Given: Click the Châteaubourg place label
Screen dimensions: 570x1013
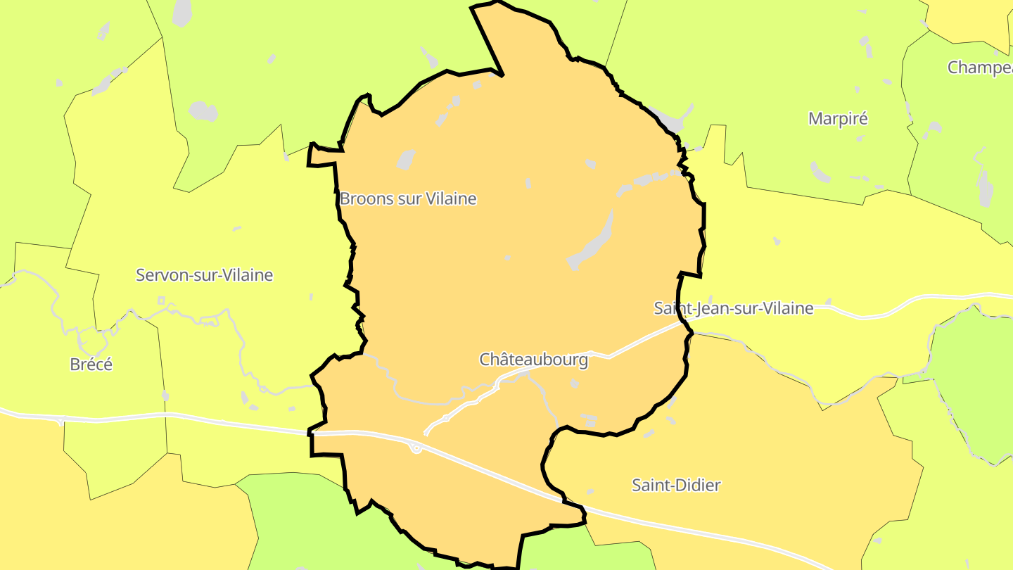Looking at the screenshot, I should (533, 360).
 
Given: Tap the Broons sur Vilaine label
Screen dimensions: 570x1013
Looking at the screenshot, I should (408, 199).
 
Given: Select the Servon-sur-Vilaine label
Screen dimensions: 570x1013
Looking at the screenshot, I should (204, 275).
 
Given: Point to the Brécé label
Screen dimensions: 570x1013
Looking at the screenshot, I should (91, 365).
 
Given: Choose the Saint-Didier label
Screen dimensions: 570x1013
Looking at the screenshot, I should (676, 485).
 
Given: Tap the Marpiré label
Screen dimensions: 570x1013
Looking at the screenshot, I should (838, 118).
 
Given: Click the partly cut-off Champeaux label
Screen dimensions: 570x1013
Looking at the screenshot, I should (979, 68).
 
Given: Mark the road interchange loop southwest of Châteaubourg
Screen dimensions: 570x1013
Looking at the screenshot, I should (416, 448).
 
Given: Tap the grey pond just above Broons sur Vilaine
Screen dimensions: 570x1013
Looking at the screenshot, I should (406, 160).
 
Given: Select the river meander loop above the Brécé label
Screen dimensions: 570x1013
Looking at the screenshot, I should (91, 341).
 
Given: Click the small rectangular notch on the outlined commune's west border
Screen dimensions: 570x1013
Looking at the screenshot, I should (320, 156).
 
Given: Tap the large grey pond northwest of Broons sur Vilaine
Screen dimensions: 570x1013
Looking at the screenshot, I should (203, 111).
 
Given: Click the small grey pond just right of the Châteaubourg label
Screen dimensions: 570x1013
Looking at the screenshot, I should (575, 384).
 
